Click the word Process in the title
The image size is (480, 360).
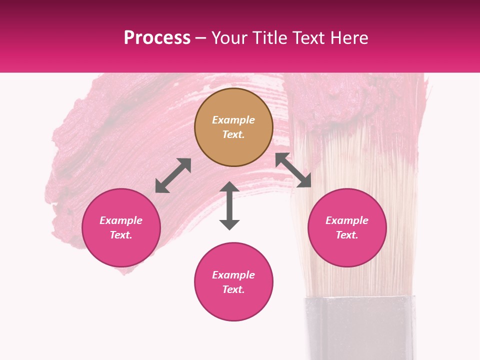click(157, 38)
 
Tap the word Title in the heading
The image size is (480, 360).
click(269, 38)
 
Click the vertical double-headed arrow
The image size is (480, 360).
click(229, 205)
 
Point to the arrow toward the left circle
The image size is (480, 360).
click(173, 175)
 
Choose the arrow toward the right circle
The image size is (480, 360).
click(293, 170)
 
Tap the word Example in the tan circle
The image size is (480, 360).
click(233, 120)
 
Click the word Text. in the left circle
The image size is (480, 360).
click(121, 235)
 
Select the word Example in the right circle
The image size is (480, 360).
click(347, 220)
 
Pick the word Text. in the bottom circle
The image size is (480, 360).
click(233, 289)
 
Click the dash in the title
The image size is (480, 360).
click(201, 38)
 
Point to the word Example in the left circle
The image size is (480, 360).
click(121, 220)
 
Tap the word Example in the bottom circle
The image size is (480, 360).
click(233, 275)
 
